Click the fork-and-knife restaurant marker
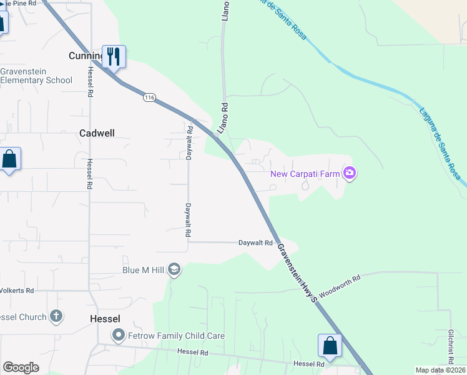(x=114, y=56)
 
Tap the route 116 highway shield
(x=149, y=97)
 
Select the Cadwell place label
(x=98, y=133)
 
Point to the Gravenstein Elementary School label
(x=36, y=76)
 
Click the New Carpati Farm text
(x=305, y=173)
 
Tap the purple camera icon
(x=350, y=173)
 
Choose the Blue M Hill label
(x=143, y=270)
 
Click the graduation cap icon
(x=174, y=270)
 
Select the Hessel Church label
(x=24, y=317)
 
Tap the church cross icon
(x=56, y=316)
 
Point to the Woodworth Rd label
(x=340, y=286)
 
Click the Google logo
(x=21, y=367)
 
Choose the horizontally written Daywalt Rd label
(x=255, y=242)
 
